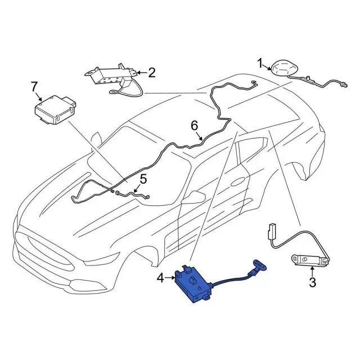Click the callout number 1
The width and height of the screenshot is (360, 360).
pyautogui.click(x=260, y=63)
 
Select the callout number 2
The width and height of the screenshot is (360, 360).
pyautogui.click(x=151, y=73)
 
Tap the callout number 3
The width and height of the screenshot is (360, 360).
pyautogui.click(x=312, y=282)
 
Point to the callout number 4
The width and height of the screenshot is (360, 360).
pyautogui.click(x=160, y=278)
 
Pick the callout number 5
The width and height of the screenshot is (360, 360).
pyautogui.click(x=143, y=179)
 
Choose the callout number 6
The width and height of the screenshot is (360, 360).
pyautogui.click(x=194, y=126)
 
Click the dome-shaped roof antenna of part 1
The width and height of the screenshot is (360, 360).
pyautogui.click(x=285, y=68)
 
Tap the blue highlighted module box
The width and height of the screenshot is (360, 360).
pyautogui.click(x=192, y=285)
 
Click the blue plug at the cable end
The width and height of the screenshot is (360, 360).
pyautogui.click(x=260, y=265)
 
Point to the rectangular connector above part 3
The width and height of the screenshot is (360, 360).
pyautogui.click(x=272, y=232)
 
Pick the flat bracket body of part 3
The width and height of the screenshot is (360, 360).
pyautogui.click(x=310, y=260)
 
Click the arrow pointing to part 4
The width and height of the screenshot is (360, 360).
pyautogui.click(x=170, y=278)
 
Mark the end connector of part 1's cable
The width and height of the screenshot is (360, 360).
pyautogui.click(x=345, y=86)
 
